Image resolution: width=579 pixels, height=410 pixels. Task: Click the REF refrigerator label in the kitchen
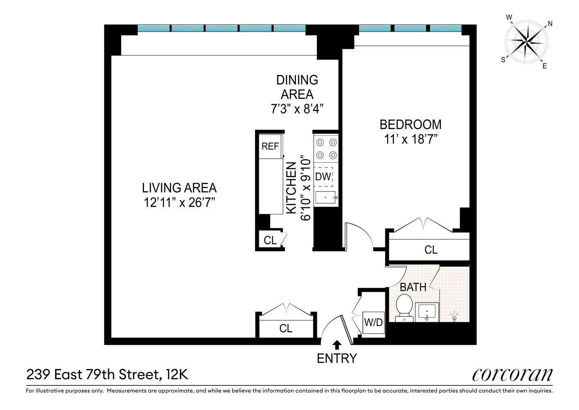[270, 146]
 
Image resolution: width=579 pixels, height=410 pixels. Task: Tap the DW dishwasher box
[323, 177]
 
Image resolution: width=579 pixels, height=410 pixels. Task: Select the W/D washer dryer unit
[373, 322]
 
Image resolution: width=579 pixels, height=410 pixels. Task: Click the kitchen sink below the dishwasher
[326, 198]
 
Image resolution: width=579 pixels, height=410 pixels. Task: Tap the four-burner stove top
[326, 149]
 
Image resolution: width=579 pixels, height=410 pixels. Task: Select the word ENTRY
[337, 358]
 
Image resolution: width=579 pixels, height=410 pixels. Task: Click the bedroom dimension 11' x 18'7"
[411, 139]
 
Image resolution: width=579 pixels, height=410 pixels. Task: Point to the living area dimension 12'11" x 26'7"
[179, 203]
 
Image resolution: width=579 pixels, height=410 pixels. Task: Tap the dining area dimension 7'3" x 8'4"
[297, 109]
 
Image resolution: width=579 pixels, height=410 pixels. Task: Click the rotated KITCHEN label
[291, 188]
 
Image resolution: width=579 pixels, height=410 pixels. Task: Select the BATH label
[413, 287]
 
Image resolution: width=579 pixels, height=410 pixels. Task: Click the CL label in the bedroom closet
[431, 250]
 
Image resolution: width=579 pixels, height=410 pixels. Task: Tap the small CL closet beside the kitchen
[270, 240]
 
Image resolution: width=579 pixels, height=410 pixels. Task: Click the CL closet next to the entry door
[286, 328]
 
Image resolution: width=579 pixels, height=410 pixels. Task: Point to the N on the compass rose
[550, 24]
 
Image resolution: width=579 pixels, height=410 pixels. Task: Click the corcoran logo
[512, 375]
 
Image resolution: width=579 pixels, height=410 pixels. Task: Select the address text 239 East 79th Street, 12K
[107, 374]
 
